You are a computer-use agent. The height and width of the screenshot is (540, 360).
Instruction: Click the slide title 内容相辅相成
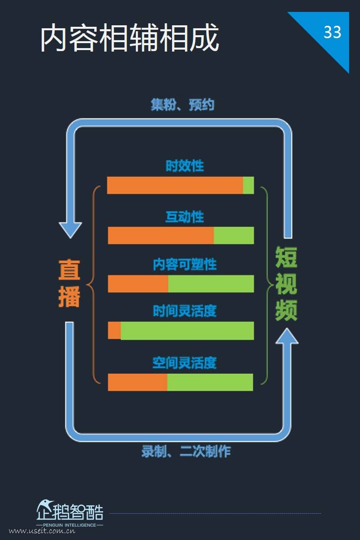[129, 38]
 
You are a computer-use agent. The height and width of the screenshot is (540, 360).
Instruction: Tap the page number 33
[332, 32]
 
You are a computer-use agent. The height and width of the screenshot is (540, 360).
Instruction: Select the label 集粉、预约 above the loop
[182, 105]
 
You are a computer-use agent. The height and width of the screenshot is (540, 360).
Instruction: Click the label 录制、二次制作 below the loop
[186, 451]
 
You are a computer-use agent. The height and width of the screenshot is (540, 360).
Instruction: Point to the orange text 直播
[69, 283]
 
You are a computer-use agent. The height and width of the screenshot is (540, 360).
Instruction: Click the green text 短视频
[286, 284]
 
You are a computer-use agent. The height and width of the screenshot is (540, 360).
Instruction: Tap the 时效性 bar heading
[184, 166]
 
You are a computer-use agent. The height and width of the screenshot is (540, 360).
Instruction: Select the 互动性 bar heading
[184, 217]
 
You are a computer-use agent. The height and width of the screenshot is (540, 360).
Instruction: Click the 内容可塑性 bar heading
[184, 264]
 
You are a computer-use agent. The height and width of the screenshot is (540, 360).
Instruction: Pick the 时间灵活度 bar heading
[184, 311]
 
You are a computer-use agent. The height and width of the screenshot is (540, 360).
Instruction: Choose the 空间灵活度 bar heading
[184, 362]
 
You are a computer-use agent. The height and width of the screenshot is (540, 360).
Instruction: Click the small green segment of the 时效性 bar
[248, 185]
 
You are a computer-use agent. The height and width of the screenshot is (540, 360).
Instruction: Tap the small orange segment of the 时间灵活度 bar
[115, 331]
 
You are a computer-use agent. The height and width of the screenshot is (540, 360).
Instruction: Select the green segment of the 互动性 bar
[234, 235]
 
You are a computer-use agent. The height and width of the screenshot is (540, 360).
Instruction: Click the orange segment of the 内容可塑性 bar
[138, 284]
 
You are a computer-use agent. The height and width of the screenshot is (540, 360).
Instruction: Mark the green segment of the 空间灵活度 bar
[210, 382]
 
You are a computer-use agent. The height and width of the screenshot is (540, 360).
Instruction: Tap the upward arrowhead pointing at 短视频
[287, 336]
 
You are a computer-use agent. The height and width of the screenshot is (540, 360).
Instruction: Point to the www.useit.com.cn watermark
[42, 531]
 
